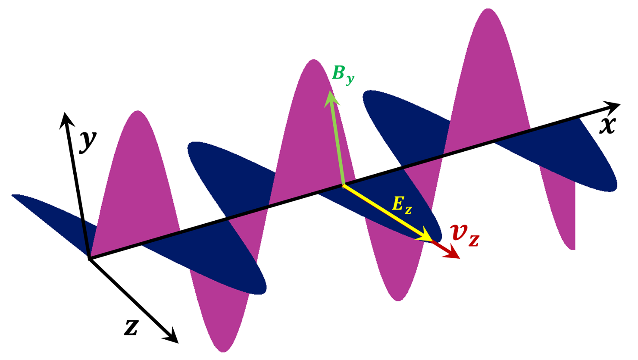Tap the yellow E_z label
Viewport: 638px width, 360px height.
point(402,206)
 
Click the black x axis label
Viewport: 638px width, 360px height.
point(608,126)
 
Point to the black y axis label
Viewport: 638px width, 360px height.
point(88,142)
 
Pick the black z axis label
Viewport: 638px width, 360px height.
point(131,328)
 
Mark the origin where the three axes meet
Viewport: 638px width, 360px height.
point(89,259)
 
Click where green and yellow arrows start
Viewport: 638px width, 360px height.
point(343,186)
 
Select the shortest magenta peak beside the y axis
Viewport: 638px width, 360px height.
point(138,111)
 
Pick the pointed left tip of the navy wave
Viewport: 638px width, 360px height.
point(12,195)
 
